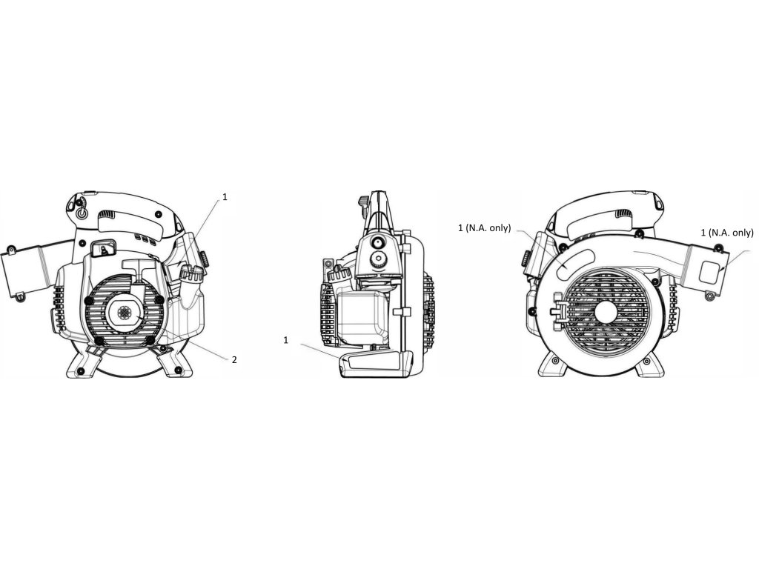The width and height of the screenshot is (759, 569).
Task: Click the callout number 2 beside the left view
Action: click(234, 360)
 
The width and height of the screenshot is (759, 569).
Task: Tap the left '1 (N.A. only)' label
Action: click(485, 228)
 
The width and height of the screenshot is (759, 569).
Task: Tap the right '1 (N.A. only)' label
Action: click(727, 233)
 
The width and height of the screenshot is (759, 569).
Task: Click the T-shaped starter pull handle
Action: click(135, 269)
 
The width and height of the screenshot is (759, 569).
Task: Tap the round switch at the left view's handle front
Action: click(82, 211)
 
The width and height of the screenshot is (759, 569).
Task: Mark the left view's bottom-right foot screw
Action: click(179, 367)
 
